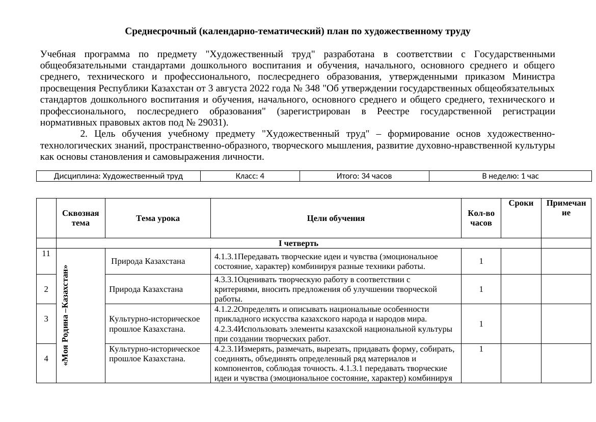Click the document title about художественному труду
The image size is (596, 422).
click(x=297, y=32)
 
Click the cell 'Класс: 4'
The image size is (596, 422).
click(x=250, y=176)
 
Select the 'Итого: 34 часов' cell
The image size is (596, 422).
click(x=364, y=176)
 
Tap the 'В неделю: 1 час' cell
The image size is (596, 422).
click(x=510, y=176)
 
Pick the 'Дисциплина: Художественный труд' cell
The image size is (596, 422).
click(x=118, y=176)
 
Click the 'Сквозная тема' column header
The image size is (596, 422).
click(x=80, y=218)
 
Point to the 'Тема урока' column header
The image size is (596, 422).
click(x=157, y=218)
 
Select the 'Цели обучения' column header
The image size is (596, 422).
click(x=336, y=218)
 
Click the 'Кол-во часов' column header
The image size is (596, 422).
click(x=480, y=218)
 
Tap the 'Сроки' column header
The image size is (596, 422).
click(x=521, y=203)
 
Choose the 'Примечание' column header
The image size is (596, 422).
click(x=566, y=208)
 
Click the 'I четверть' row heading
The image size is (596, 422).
click(x=298, y=243)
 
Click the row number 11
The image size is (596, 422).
click(x=46, y=254)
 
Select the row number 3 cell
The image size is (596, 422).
click(x=46, y=319)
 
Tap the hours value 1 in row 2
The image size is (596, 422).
click(x=481, y=289)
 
